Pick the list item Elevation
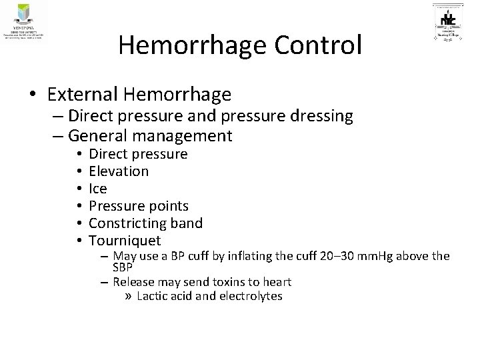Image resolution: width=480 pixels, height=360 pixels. (119, 171)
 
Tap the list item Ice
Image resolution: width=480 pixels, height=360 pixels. (97, 189)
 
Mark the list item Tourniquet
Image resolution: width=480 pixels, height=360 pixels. (125, 240)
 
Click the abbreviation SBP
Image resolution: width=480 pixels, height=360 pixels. (123, 267)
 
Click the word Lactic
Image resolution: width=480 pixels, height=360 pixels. (151, 295)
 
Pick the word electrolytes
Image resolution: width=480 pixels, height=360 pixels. (250, 295)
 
